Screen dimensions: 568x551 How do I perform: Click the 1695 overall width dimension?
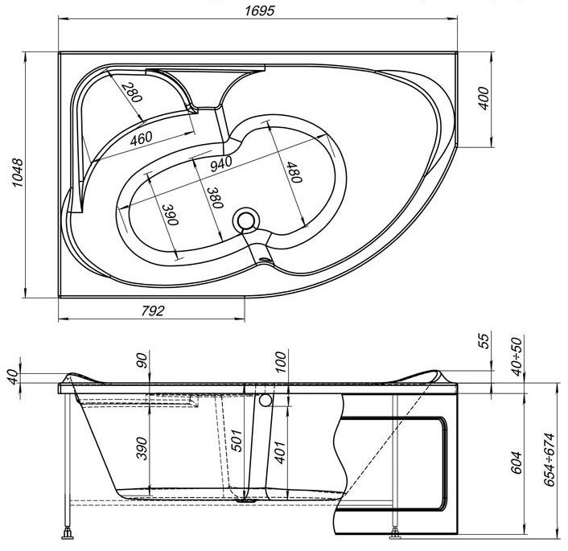click(x=260, y=10)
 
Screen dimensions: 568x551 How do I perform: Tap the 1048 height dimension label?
click(x=18, y=173)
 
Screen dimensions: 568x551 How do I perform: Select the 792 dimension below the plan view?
click(x=153, y=310)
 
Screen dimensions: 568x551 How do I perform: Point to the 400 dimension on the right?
click(x=484, y=98)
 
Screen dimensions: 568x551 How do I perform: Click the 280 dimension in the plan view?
click(x=132, y=93)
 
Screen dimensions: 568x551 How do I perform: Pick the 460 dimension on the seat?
click(x=142, y=138)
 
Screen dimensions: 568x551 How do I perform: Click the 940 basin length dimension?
click(x=221, y=163)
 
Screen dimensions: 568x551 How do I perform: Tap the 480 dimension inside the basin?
click(x=294, y=172)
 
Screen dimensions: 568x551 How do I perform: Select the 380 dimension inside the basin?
click(x=215, y=198)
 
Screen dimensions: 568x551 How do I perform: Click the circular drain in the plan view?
click(x=246, y=220)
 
